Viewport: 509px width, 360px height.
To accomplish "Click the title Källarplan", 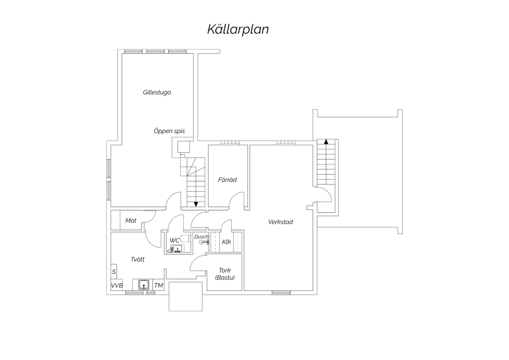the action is click(238, 30).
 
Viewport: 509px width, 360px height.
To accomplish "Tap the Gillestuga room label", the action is click(157, 92).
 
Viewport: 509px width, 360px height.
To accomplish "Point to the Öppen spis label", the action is click(169, 131).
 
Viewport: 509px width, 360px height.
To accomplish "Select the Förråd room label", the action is click(227, 180).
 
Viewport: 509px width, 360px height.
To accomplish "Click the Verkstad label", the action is click(280, 222).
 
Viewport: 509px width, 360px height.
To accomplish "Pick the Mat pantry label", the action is click(131, 220).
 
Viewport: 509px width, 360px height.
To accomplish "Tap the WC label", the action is click(174, 240).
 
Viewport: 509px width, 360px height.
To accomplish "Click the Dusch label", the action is click(201, 237).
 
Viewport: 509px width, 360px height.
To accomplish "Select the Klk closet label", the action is click(226, 242).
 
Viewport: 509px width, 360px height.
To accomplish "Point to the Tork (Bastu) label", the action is click(225, 274).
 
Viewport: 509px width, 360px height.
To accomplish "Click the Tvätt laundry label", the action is click(137, 259).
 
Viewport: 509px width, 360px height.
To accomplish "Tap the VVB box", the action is click(117, 285).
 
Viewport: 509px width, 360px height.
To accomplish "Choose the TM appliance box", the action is click(158, 285).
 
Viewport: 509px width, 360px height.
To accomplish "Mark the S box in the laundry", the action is click(114, 272).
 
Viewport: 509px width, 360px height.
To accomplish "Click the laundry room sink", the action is click(144, 285).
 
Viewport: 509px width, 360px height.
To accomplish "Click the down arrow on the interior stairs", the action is click(196, 204).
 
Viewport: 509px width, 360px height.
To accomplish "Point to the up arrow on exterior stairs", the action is click(326, 142).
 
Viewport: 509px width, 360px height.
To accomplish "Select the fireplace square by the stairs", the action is click(184, 147).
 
